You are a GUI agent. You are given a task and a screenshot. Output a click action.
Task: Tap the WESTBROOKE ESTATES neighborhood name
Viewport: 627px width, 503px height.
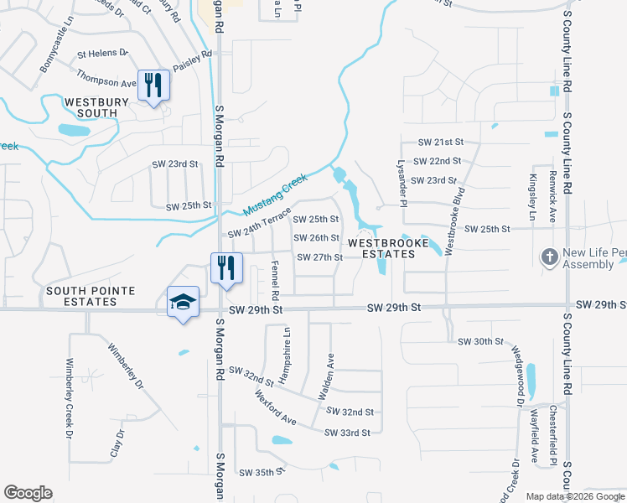click(381, 248)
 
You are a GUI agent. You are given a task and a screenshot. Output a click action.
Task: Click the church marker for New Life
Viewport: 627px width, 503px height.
click(549, 257)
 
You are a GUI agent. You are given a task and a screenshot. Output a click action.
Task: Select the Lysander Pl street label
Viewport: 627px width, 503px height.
click(402, 184)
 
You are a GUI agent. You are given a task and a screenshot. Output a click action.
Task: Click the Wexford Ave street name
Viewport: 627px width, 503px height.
click(276, 407)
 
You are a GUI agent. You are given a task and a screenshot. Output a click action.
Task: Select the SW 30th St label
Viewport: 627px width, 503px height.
click(480, 342)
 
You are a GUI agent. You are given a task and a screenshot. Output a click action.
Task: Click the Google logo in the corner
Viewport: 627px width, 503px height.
click(28, 494)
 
